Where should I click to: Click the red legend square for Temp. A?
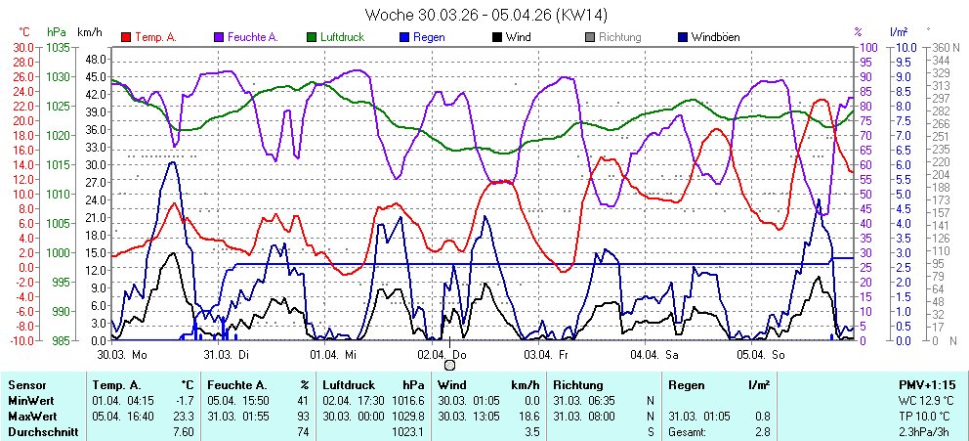(126, 38)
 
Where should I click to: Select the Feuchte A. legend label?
(253, 38)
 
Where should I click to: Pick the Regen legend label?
(429, 38)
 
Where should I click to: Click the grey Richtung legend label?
(620, 38)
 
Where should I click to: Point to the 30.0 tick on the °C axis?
(22, 47)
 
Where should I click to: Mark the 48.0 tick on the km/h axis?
(95, 59)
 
